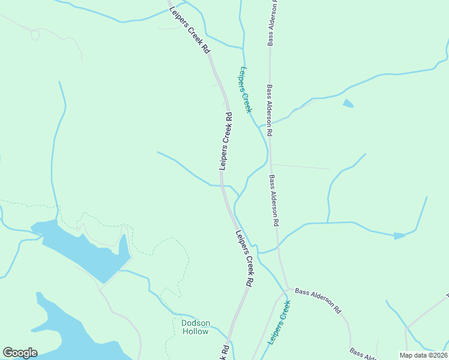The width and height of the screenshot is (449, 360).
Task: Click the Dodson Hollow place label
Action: tap(196, 327)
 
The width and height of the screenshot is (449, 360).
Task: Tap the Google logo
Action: tap(20, 353)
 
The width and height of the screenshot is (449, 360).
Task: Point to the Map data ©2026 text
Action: tap(423, 355)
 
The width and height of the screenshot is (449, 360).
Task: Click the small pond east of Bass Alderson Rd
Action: tap(348, 103)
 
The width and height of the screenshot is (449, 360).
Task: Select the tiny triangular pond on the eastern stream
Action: tap(399, 236)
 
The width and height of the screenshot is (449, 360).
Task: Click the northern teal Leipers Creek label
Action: tap(245, 89)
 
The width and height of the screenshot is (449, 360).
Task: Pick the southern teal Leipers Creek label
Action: tap(279, 323)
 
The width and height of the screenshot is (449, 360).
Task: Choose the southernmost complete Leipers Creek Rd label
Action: tap(244, 258)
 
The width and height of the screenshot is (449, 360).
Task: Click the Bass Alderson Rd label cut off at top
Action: tap(271, 24)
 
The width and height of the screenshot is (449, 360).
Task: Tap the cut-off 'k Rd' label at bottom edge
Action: tap(224, 353)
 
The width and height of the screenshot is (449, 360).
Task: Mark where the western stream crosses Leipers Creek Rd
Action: tap(222, 185)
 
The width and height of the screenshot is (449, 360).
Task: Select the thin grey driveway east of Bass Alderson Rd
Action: tap(300, 166)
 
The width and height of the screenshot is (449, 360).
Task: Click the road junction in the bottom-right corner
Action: tap(406, 328)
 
